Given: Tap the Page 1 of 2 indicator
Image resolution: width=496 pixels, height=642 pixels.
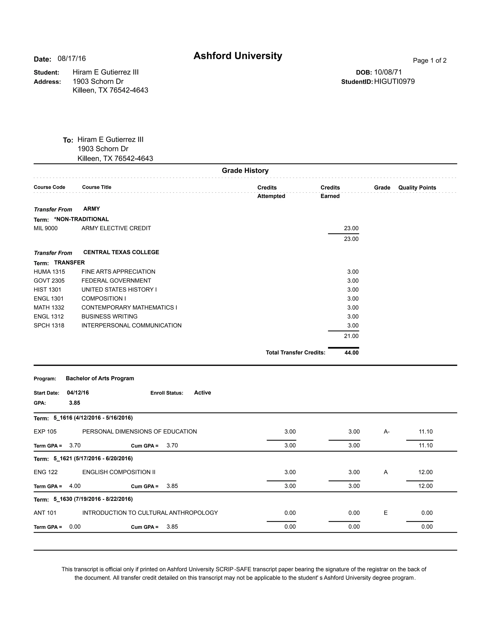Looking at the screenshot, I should coord(429,61).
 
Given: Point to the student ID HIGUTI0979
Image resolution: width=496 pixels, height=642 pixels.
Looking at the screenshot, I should coord(394,81).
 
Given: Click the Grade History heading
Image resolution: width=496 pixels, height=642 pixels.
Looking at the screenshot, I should coord(245,171).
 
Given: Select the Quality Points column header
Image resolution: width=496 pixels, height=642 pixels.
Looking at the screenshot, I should coord(417,188).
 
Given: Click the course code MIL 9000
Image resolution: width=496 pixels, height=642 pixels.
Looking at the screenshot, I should coord(46,228).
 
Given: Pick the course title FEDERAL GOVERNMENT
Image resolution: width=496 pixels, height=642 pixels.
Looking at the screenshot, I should coord(116,281).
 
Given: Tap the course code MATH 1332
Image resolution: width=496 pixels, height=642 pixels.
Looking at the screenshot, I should coord(49,307).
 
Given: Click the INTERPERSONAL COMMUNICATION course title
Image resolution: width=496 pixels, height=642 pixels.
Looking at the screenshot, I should coord(131,325).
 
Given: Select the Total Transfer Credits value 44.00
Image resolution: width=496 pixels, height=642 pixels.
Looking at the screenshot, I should coord(351,352).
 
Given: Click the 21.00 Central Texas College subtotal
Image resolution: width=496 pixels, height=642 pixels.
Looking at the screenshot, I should coord(351,336).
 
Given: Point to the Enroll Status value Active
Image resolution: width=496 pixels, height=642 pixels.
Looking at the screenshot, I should coord(202,392).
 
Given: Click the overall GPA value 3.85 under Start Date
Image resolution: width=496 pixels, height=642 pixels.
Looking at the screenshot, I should coord(74,403).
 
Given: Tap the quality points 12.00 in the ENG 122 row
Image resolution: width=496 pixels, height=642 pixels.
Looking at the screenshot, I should coord(425,472).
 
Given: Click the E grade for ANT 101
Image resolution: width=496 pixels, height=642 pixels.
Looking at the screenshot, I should coord(386,513).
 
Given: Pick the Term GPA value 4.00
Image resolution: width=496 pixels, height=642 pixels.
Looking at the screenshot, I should coord(75,486).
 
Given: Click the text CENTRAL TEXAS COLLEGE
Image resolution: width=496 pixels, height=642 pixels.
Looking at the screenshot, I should coord(121,252).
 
